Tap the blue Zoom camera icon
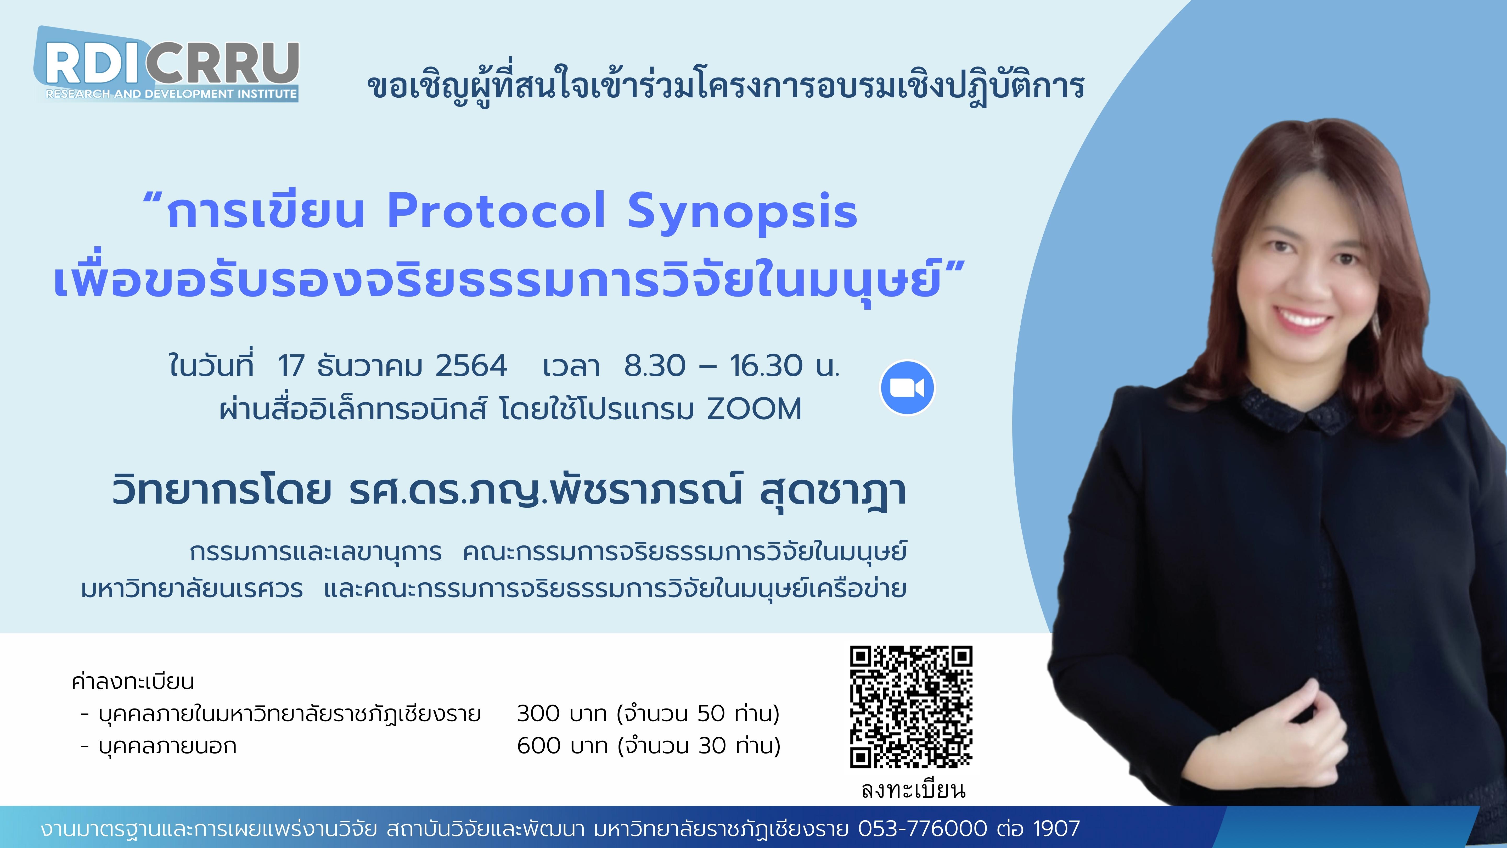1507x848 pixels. pyautogui.click(x=907, y=387)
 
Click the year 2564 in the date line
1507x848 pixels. pyautogui.click(x=471, y=366)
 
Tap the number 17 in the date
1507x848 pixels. pyautogui.click(x=291, y=366)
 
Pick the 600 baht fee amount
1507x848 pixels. pyautogui.click(x=539, y=746)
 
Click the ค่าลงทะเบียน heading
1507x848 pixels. pyautogui.click(x=133, y=681)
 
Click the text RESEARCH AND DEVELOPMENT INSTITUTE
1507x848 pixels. pyautogui.click(x=171, y=94)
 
